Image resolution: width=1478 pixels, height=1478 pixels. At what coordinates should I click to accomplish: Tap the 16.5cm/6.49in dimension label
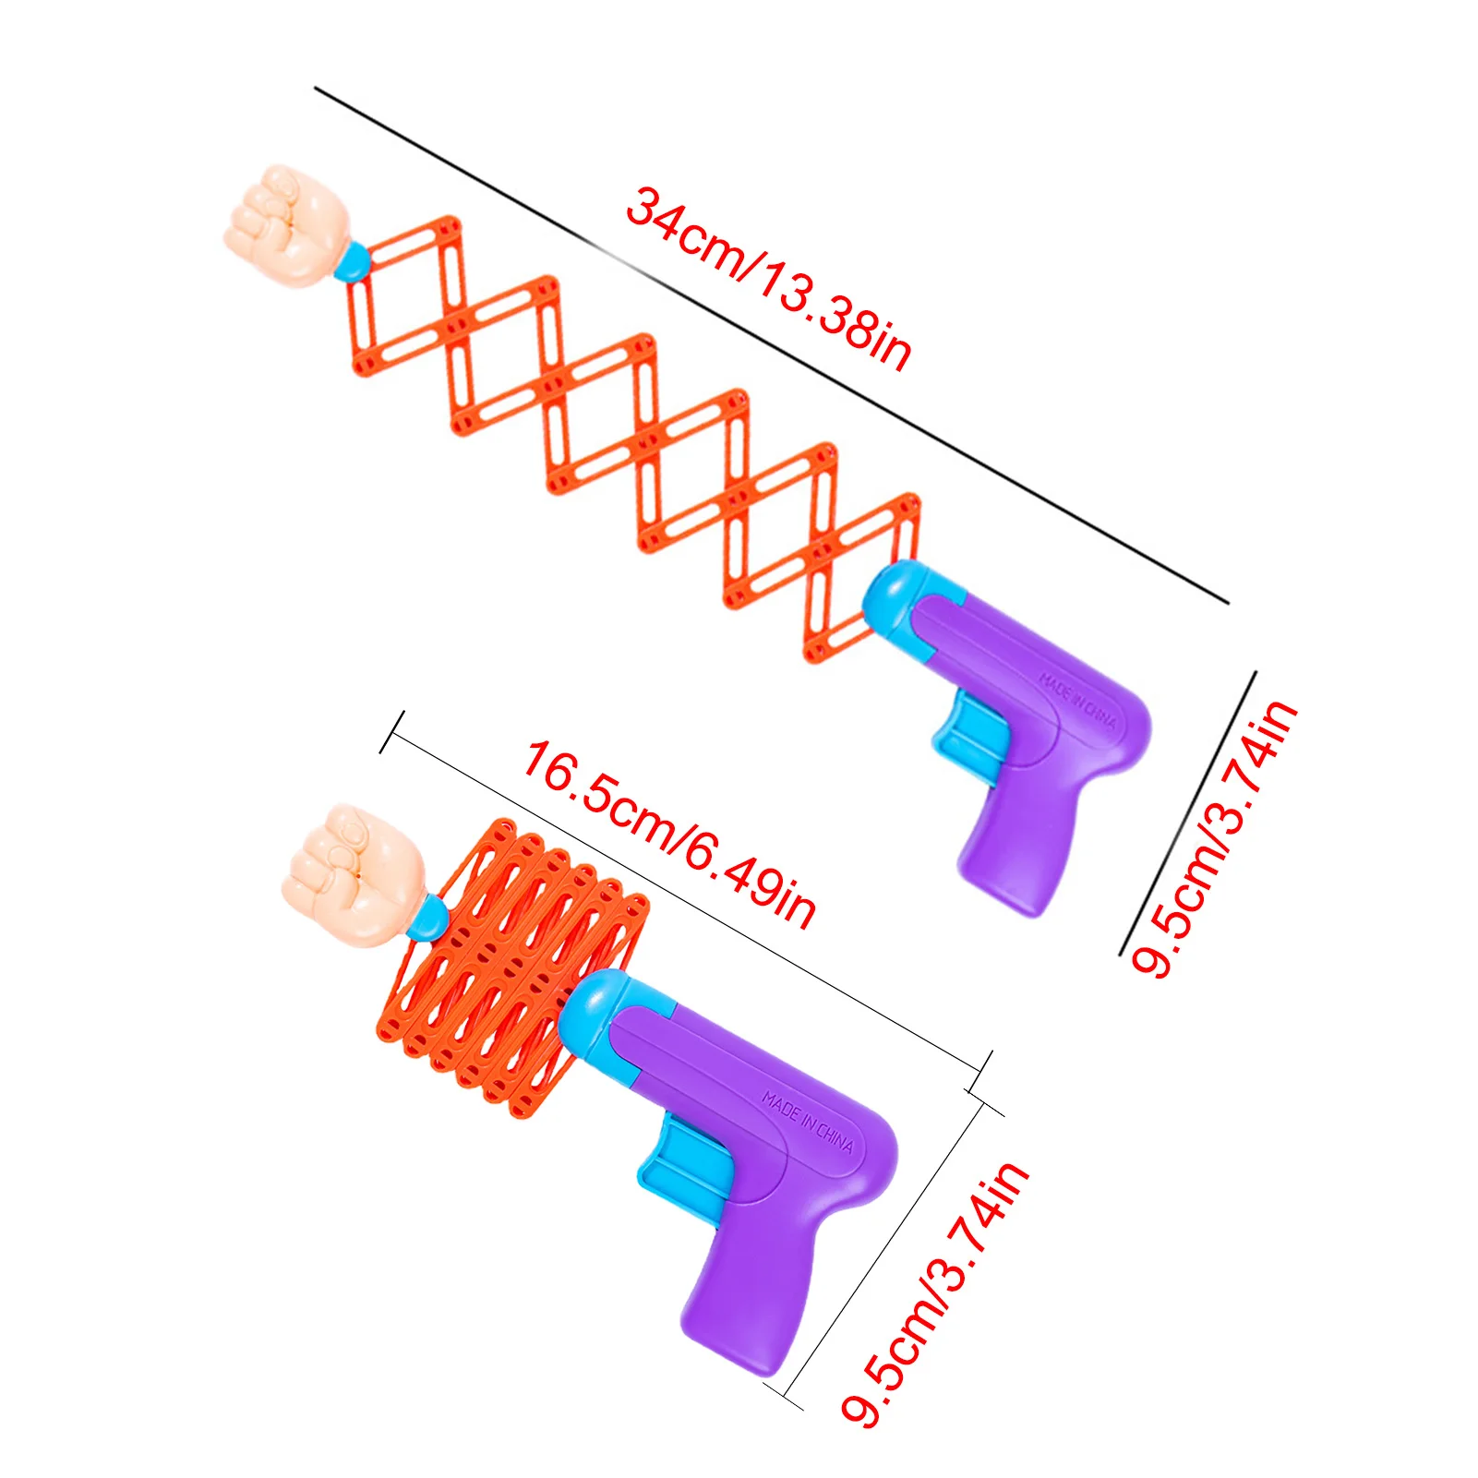668,835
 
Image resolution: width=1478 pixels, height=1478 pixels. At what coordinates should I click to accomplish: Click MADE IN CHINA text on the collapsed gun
808,1122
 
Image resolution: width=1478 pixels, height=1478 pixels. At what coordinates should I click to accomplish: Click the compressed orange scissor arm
508,960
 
